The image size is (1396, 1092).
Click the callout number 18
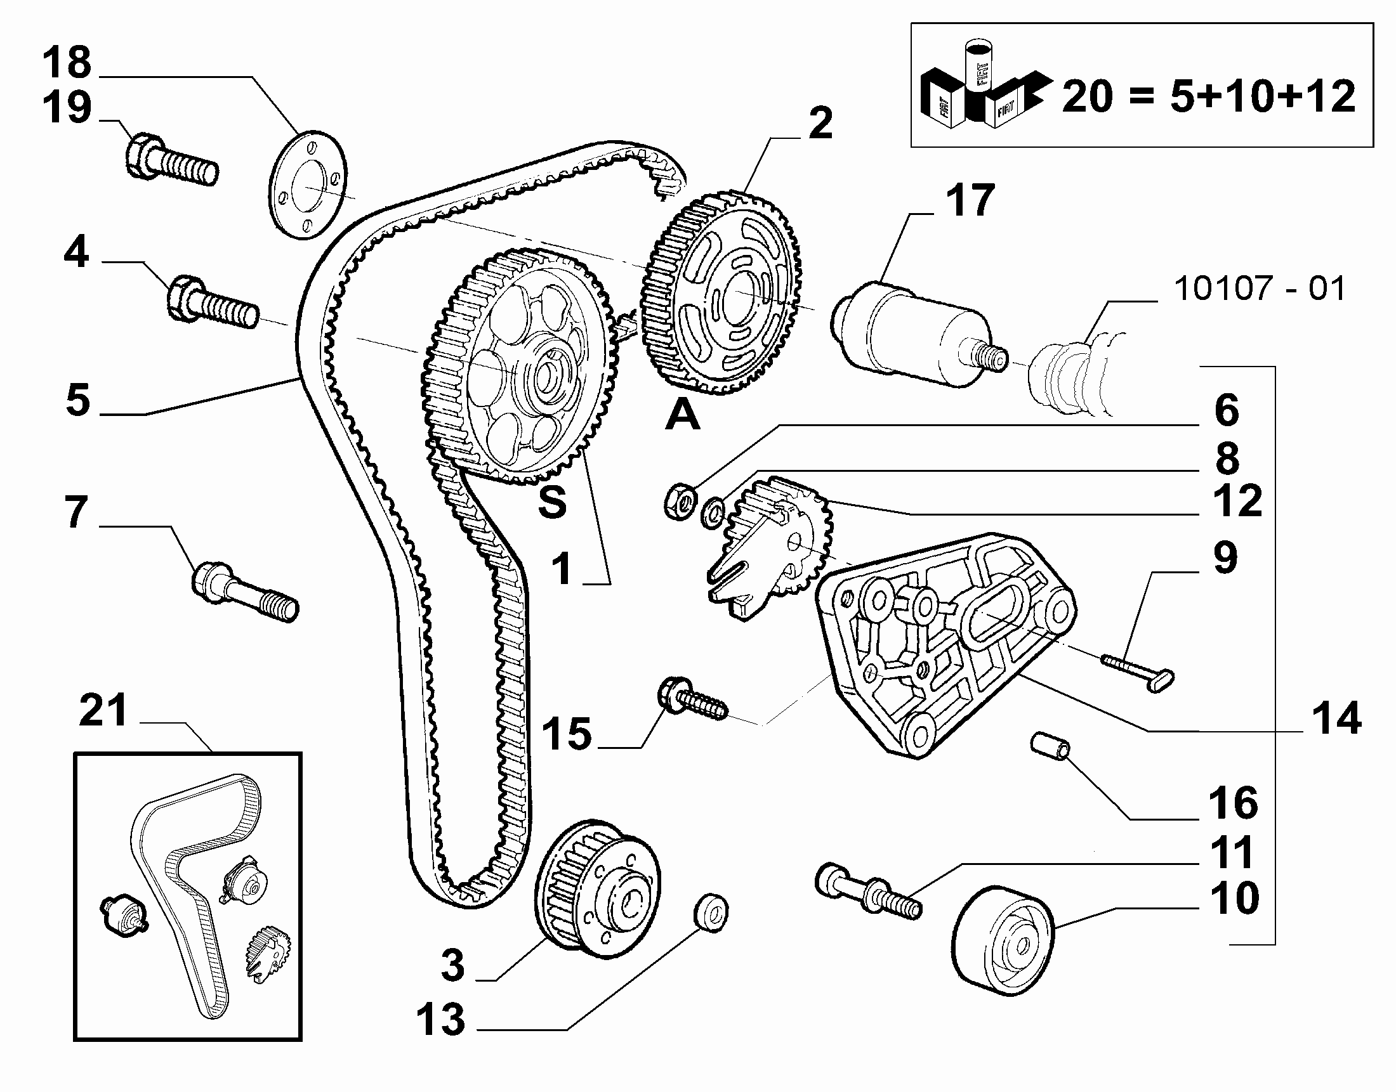click(67, 62)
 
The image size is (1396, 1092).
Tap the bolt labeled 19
click(171, 160)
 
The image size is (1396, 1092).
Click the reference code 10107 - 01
click(1260, 288)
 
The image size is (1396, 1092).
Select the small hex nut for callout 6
click(680, 502)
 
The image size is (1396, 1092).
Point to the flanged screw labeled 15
click(693, 699)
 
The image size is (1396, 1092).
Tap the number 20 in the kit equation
click(1088, 97)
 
